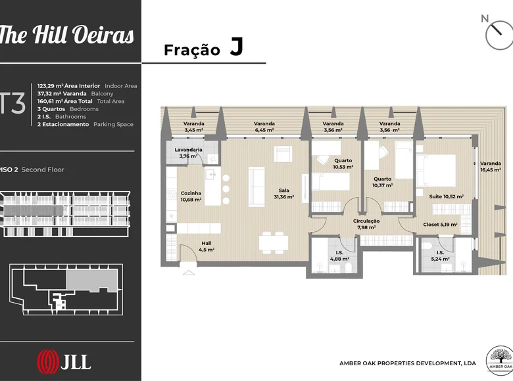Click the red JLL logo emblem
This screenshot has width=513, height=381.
[x=48, y=362]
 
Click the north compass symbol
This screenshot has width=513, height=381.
[x=498, y=33]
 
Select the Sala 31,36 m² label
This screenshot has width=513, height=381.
[x=283, y=193]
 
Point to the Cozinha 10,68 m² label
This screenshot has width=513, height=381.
[x=191, y=196]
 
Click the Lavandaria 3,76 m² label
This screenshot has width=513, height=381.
[x=188, y=153]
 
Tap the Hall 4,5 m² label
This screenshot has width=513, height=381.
[x=206, y=246]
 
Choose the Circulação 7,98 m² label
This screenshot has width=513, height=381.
[x=366, y=224]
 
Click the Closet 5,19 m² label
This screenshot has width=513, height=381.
[x=440, y=225]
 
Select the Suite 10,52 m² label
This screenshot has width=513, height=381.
[x=447, y=196]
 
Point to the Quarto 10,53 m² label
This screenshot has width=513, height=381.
[x=343, y=164]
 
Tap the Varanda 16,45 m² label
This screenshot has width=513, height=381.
[x=491, y=167]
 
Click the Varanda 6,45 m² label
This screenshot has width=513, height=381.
[x=264, y=127]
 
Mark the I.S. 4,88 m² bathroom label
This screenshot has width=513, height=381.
[x=339, y=256]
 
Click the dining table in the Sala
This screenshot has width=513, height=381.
[x=274, y=243]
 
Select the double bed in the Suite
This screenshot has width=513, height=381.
[x=436, y=171]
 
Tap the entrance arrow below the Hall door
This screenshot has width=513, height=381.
[x=189, y=273]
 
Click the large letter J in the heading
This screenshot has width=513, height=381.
[x=237, y=47]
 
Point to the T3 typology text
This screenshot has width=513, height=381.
[x=12, y=104]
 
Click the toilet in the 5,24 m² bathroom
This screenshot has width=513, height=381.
[x=427, y=246]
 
